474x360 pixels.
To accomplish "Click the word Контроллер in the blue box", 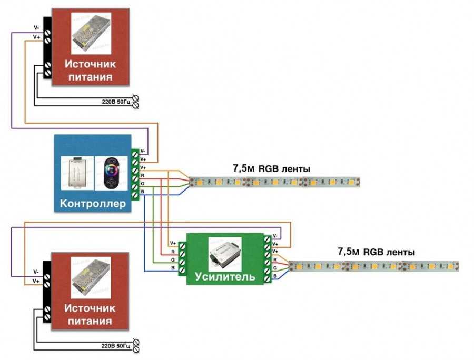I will [x=93, y=204].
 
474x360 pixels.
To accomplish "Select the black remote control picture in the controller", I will [x=110, y=173].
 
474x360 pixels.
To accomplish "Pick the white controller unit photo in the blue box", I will [x=77, y=173].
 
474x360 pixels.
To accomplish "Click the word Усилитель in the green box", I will [x=225, y=276].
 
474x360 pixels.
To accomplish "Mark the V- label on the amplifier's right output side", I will [x=275, y=237].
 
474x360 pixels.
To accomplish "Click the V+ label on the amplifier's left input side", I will [x=172, y=244].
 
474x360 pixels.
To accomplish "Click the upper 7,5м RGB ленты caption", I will [x=271, y=169].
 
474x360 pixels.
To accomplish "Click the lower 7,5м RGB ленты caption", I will [x=376, y=252].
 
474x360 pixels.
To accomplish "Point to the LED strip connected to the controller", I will [x=274, y=183].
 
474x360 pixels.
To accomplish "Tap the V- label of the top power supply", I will [x=36, y=27].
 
